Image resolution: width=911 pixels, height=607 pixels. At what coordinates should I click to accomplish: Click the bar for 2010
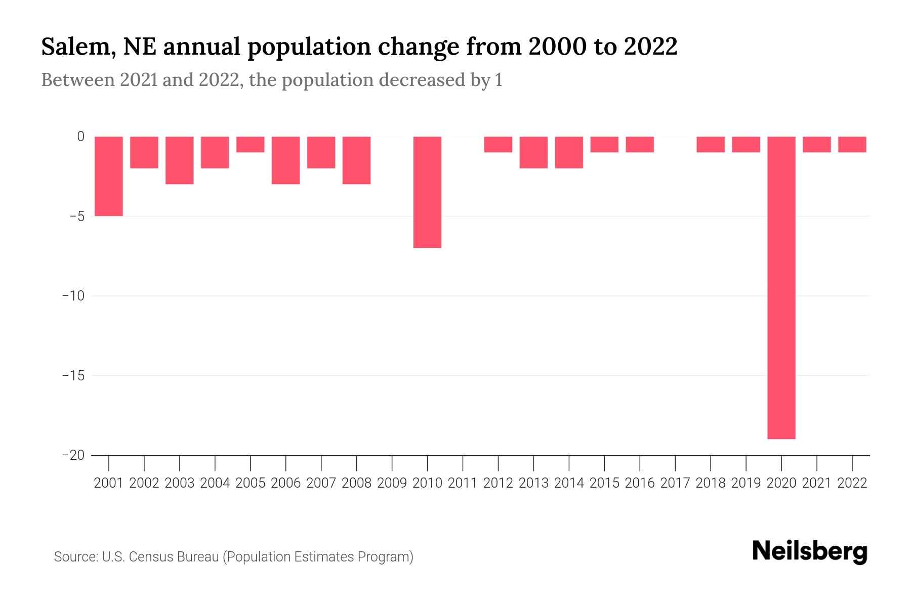click(x=427, y=192)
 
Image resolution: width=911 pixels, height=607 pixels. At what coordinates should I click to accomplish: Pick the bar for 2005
click(x=251, y=145)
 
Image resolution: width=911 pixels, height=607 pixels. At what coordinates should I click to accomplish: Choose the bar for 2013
click(x=533, y=152)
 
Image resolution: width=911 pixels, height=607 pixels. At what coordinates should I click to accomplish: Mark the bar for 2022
click(x=852, y=145)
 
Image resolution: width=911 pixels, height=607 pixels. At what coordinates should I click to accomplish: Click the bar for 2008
click(x=357, y=160)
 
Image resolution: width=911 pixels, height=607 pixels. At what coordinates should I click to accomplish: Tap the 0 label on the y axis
click(x=80, y=137)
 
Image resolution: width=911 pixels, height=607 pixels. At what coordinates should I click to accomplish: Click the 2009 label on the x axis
click(x=392, y=483)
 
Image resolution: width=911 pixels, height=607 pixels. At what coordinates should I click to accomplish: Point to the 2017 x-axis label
click(x=675, y=483)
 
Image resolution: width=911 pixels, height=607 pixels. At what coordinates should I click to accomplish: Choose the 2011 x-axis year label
click(x=463, y=483)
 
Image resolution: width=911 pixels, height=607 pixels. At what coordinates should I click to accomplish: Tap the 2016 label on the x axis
click(x=640, y=483)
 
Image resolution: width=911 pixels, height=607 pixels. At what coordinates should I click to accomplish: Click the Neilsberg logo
click(x=810, y=552)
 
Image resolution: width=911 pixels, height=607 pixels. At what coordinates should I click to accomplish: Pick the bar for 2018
click(x=711, y=145)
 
